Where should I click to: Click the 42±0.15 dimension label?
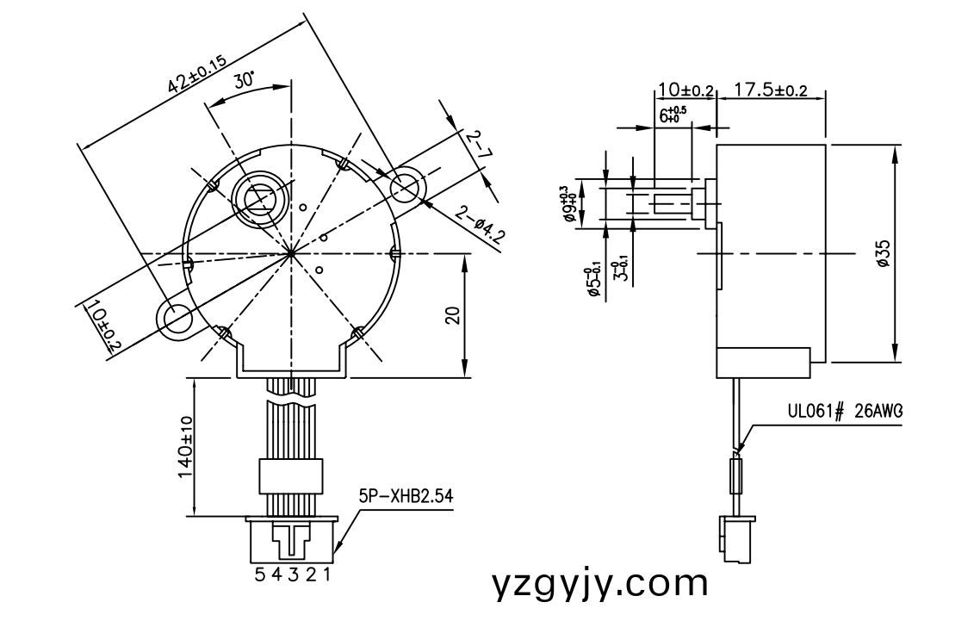tap(196, 73)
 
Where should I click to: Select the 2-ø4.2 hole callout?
tap(478, 227)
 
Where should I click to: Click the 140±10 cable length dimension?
tap(184, 450)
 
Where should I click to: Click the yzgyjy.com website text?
tap(600, 584)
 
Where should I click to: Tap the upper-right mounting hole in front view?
tap(405, 187)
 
